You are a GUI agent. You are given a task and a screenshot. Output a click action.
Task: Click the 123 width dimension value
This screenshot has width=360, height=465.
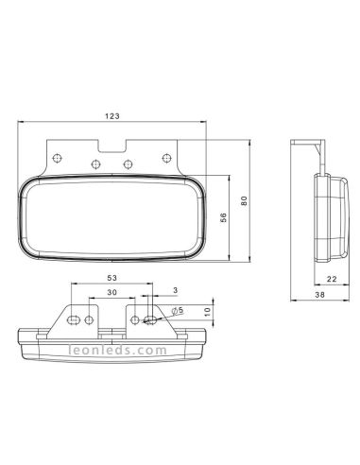pyautogui.click(x=112, y=116)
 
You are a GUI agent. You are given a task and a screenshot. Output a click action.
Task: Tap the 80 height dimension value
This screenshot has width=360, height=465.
pyautogui.click(x=244, y=200)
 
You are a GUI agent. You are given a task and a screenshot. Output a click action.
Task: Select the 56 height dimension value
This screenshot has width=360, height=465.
pyautogui.click(x=224, y=217)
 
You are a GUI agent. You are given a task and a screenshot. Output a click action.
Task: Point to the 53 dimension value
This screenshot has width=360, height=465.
pyautogui.click(x=112, y=278)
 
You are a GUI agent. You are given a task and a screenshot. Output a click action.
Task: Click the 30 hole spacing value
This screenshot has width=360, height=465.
pyautogui.click(x=111, y=292)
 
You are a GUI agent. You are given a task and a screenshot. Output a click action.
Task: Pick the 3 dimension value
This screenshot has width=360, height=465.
pyautogui.click(x=176, y=290)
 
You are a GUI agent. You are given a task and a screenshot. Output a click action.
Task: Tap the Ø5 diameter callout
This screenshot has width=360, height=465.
pyautogui.click(x=178, y=311)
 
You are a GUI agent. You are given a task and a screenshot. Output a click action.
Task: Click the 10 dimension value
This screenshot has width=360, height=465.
pyautogui.click(x=207, y=312)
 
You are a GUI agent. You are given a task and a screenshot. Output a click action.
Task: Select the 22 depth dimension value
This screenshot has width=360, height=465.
pyautogui.click(x=332, y=279)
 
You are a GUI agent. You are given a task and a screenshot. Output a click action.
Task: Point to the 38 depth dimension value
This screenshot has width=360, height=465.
pyautogui.click(x=319, y=295)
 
